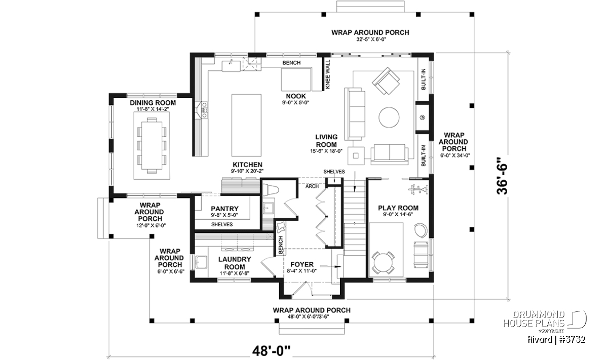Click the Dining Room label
pos(153,103)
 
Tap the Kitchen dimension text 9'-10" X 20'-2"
pos(247,171)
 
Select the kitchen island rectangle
pos(246,126)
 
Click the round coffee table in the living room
pos(389,117)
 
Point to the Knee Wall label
pos(328,74)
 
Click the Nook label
pos(296,96)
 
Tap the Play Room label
pos(398,208)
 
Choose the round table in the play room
pos(383,262)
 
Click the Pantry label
pos(225,209)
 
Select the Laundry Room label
pos(235,263)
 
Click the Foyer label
pos(302,264)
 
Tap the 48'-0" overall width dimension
pos(271,351)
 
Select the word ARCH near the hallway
pos(312,186)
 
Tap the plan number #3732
pos(573,339)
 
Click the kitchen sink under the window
pos(231,66)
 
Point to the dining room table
pos(151,145)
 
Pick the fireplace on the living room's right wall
pos(423,117)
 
